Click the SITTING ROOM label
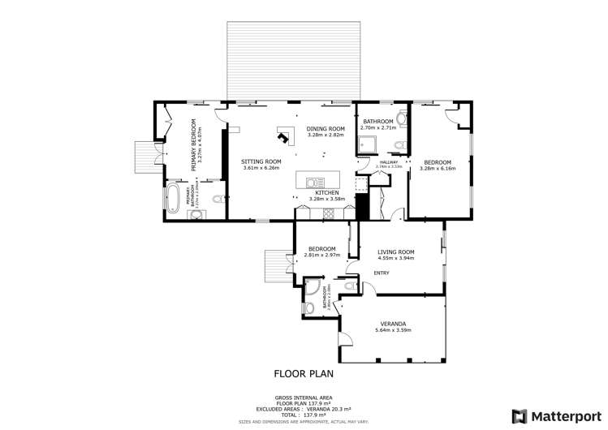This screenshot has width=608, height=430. [261, 161]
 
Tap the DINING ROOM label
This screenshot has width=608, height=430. [326, 129]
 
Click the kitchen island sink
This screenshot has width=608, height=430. [315, 182]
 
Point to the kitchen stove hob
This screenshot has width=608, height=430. [330, 213]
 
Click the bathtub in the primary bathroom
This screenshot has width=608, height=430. [173, 196]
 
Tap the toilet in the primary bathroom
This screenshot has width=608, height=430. [216, 200]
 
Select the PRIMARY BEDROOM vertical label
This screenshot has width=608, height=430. [194, 144]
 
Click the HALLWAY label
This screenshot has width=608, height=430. [387, 162]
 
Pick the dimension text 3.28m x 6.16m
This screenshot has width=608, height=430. [437, 169]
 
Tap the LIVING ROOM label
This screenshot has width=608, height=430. [396, 252]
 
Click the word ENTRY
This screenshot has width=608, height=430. [381, 273]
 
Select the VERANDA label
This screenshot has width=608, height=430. [394, 324]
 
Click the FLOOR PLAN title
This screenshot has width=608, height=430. [304, 374]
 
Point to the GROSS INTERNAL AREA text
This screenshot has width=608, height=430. [303, 398]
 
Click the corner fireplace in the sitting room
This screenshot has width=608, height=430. [284, 133]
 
